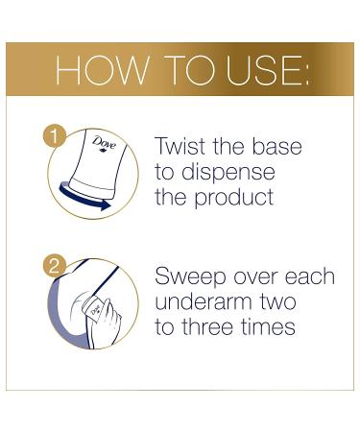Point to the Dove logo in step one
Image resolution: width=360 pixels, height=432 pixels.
click(x=104, y=147)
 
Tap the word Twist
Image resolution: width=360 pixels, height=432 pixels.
click(x=184, y=147)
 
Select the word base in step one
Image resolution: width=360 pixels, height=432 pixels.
click(x=275, y=147)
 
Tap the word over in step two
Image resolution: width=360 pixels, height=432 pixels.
click(x=253, y=277)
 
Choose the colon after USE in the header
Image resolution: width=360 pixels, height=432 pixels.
click(x=306, y=71)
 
